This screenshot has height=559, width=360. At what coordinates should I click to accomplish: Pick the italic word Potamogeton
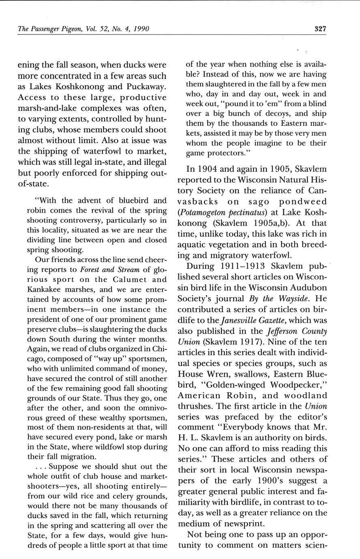coord(204,212)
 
